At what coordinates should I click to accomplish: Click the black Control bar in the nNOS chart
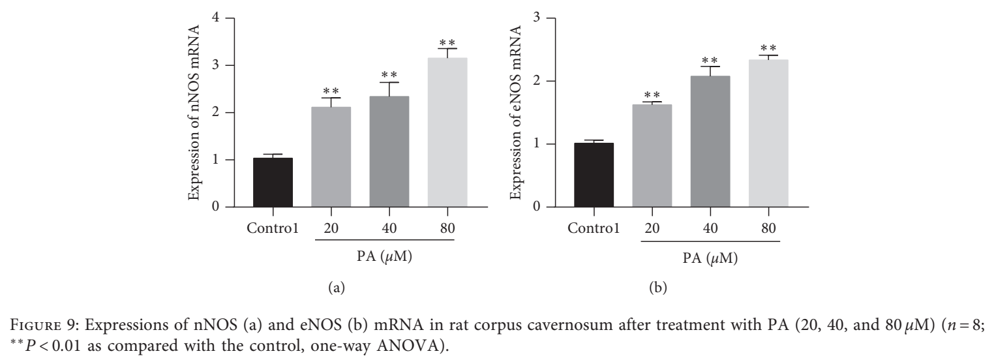tap(273, 182)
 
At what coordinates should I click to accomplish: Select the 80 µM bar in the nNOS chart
tap(447, 132)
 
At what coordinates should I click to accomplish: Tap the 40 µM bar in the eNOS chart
tap(710, 142)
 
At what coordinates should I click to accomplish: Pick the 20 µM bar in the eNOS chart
tap(652, 156)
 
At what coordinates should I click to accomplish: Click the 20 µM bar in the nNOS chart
tap(331, 157)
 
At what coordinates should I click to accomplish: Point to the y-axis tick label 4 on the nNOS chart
tap(216, 18)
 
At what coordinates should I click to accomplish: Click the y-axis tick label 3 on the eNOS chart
tap(537, 18)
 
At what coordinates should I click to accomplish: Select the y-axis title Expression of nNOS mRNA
tap(194, 112)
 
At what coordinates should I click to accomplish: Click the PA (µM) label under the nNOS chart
tap(384, 257)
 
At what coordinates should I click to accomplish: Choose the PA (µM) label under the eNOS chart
tap(710, 258)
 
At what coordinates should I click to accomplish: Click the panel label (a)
tap(336, 288)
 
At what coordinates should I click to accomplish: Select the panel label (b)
tap(658, 288)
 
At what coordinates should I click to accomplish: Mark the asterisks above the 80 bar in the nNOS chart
tap(447, 42)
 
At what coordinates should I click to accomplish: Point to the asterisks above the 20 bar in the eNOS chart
tap(652, 95)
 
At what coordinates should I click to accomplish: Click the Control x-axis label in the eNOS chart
tap(594, 228)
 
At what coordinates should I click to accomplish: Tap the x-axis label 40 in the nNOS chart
tap(389, 228)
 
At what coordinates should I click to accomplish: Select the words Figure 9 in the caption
tap(43, 325)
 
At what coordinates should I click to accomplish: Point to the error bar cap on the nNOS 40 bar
tap(389, 82)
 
